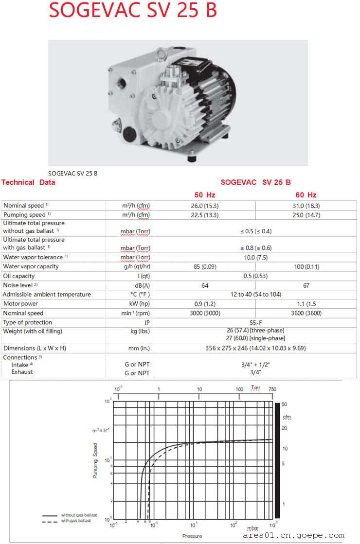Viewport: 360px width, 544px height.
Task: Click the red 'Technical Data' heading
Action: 28,182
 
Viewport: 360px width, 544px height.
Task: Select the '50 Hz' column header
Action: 205,195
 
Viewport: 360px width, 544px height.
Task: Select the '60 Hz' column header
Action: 306,195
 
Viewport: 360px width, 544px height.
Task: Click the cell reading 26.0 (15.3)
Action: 205,206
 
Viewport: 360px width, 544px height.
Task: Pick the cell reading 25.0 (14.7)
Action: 306,215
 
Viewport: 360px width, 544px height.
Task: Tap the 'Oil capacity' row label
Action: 19,276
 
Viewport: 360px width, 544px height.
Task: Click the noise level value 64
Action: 205,285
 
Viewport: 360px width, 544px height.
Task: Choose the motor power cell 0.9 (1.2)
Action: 205,304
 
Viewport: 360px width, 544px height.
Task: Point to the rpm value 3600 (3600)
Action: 306,313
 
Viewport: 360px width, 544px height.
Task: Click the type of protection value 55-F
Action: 255,322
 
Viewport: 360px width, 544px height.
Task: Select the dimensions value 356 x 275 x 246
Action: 255,348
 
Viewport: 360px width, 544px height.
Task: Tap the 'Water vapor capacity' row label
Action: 31,266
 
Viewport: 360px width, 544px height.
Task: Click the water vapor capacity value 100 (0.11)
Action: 306,266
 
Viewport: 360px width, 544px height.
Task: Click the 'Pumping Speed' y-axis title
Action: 95,460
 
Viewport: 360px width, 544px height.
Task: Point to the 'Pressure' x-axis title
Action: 192,536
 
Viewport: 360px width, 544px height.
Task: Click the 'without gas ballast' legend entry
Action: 79,515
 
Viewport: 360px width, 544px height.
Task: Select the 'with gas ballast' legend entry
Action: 77,521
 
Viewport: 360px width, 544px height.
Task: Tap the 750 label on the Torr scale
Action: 272,389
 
